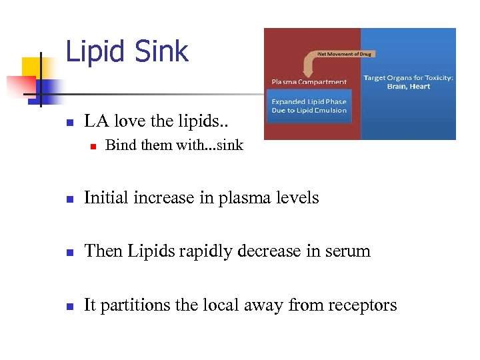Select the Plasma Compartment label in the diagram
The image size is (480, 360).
pyautogui.click(x=309, y=82)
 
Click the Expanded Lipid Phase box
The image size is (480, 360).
pyautogui.click(x=309, y=106)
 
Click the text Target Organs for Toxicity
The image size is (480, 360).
pyautogui.click(x=408, y=78)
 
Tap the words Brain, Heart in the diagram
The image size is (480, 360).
pyautogui.click(x=408, y=86)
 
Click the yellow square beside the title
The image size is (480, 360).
pyautogui.click(x=32, y=67)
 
